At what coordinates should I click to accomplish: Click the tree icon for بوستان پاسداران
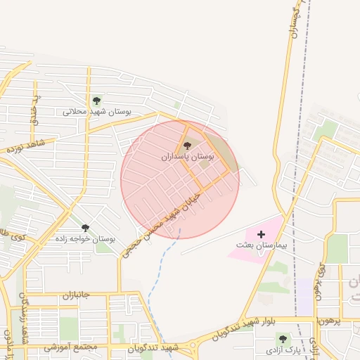tap(186, 146)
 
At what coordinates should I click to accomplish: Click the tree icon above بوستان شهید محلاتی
tap(96, 100)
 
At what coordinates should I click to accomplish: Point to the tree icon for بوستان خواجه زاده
tap(86, 228)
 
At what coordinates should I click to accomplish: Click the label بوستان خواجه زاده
tap(85, 239)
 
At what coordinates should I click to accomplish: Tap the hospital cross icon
tap(262, 234)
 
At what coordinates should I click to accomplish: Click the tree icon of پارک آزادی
tap(283, 339)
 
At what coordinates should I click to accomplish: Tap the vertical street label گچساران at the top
tap(295, 21)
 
